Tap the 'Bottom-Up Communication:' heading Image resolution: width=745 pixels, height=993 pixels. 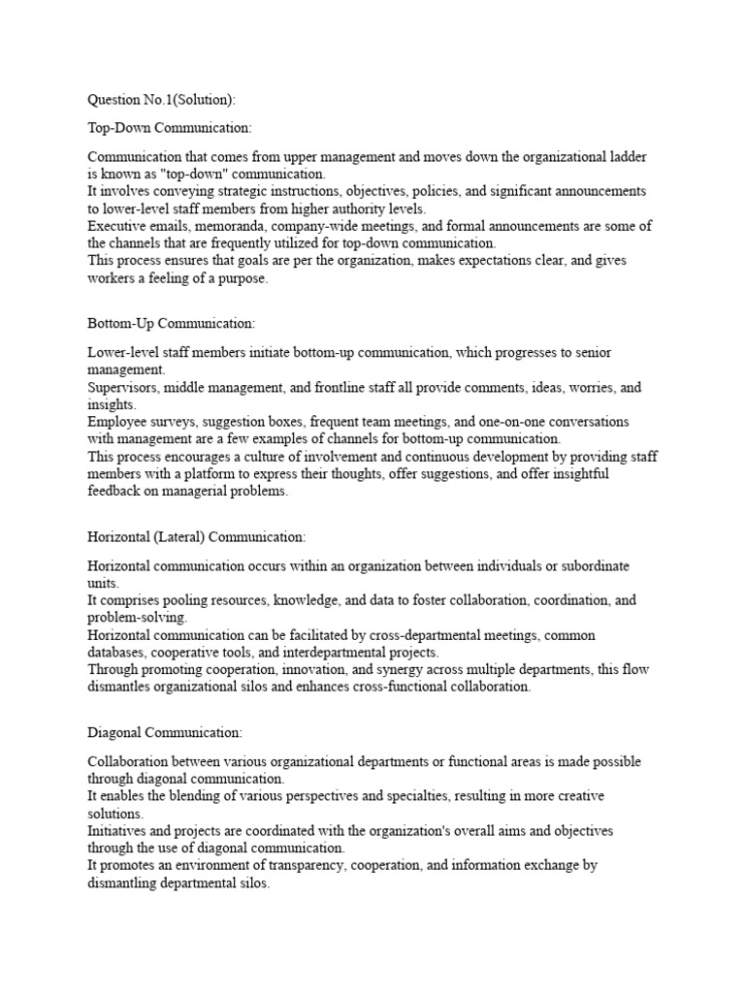click(172, 322)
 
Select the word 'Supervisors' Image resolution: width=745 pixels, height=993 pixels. click(123, 387)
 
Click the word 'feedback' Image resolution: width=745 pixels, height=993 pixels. click(118, 492)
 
